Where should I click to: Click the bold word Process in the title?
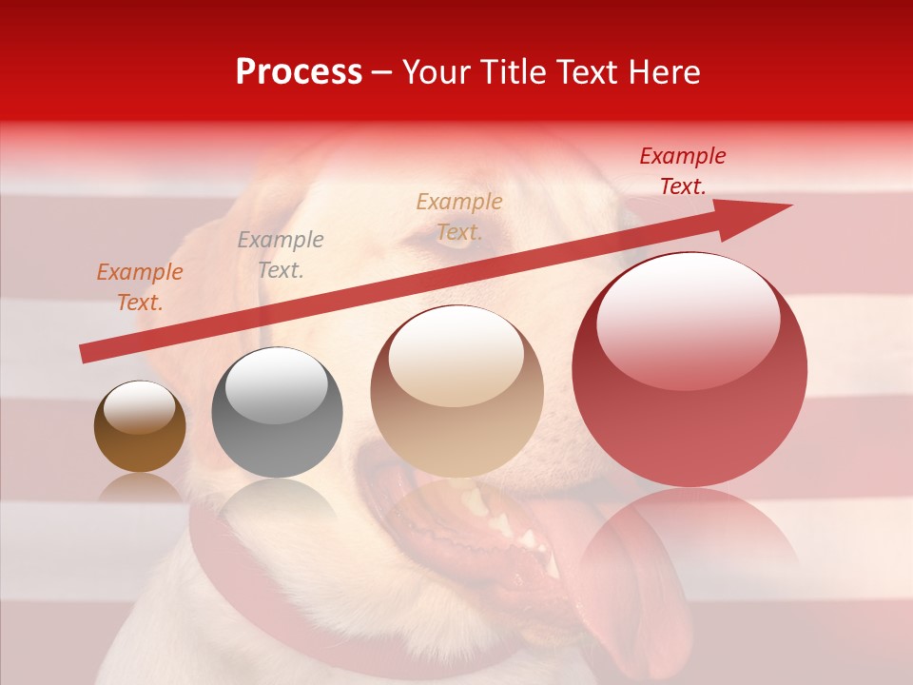point(299,72)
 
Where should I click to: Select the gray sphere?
point(277,413)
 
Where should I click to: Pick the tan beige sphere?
point(457,391)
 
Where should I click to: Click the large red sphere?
point(690,370)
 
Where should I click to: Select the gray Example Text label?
point(280,255)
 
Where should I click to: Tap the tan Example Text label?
point(458,216)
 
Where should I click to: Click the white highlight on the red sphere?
point(688,315)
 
